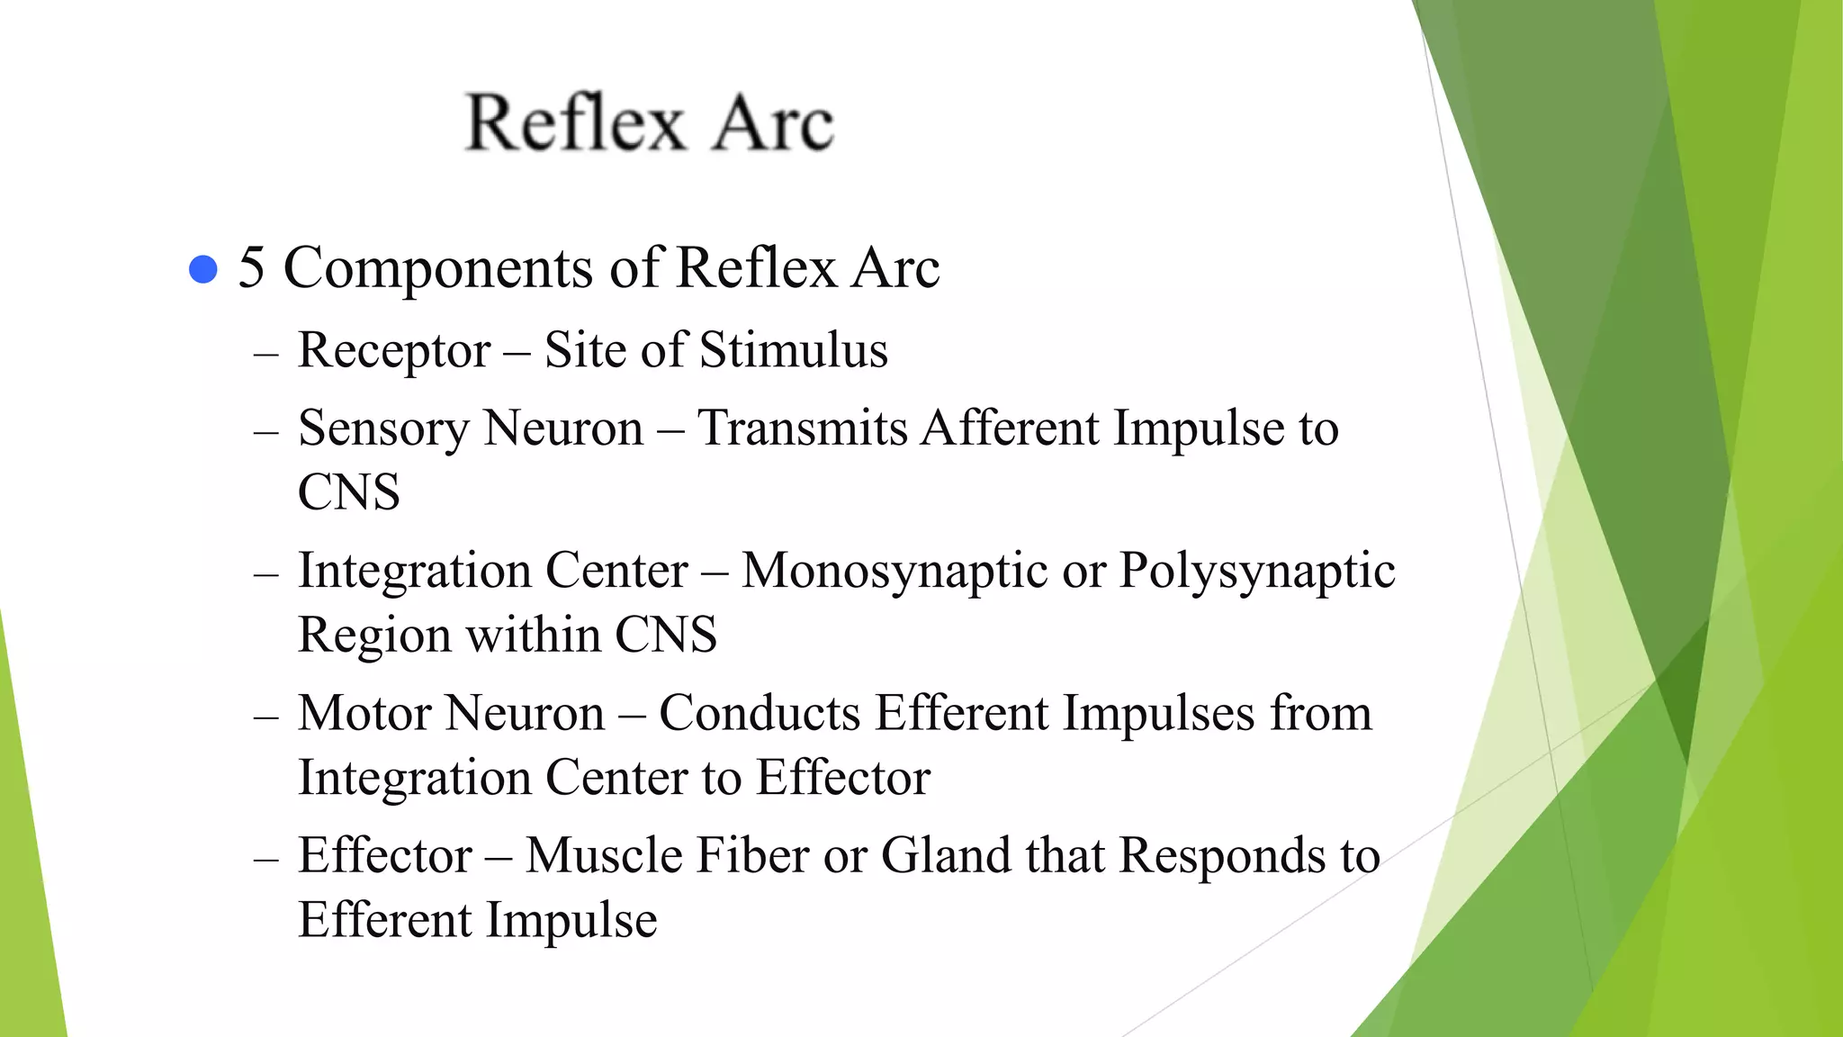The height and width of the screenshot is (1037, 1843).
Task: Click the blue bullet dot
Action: click(204, 269)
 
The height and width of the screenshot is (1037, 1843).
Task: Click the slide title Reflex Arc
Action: click(650, 122)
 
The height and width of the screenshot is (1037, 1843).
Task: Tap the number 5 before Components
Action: click(251, 268)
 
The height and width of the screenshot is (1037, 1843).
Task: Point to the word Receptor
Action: click(394, 351)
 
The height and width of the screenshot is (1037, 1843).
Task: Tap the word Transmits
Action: click(802, 428)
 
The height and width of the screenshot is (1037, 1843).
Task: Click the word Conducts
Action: click(760, 713)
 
